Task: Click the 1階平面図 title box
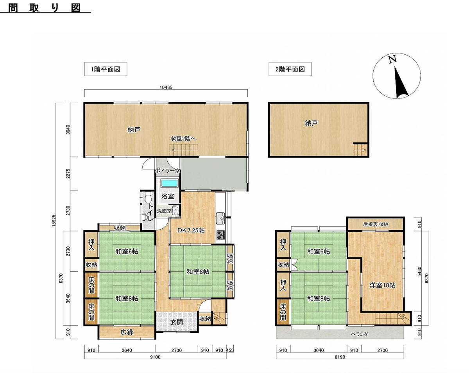pyautogui.click(x=106, y=69)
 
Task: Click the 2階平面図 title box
pyautogui.click(x=290, y=69)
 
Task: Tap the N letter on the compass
pyautogui.click(x=392, y=59)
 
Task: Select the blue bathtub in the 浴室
pyautogui.click(x=170, y=183)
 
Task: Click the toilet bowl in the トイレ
pyautogui.click(x=149, y=198)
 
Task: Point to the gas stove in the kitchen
pyautogui.click(x=221, y=235)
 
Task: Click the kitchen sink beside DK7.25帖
pyautogui.click(x=221, y=218)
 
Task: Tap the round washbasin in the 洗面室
pyautogui.click(x=175, y=211)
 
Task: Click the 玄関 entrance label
pyautogui.click(x=176, y=322)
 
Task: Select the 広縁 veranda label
pyautogui.click(x=127, y=332)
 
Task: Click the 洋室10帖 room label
pyautogui.click(x=382, y=285)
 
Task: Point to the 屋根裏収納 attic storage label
pyautogui.click(x=375, y=224)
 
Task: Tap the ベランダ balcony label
pyautogui.click(x=360, y=334)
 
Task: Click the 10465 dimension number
pyautogui.click(x=166, y=87)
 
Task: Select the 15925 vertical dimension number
pyautogui.click(x=54, y=221)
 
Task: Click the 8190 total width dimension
pyautogui.click(x=340, y=357)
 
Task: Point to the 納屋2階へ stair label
pyautogui.click(x=183, y=139)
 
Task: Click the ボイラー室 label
pyautogui.click(x=168, y=171)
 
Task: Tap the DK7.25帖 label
pyautogui.click(x=191, y=230)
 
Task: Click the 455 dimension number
pyautogui.click(x=230, y=350)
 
